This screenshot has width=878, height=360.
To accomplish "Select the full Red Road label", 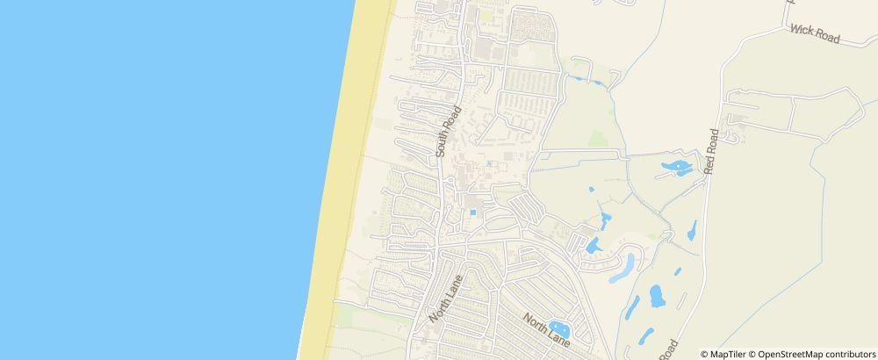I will click(x=711, y=151).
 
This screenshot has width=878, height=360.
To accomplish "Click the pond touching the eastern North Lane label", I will click(x=558, y=328).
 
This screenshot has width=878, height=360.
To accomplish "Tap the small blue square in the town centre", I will click(x=473, y=212).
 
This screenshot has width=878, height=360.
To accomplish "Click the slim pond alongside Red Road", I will click(x=693, y=229).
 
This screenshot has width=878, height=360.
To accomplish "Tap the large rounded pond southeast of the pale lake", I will click(x=657, y=296).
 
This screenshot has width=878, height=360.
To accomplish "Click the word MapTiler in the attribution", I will click(x=730, y=354).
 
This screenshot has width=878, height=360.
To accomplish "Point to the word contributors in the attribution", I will click(x=849, y=354).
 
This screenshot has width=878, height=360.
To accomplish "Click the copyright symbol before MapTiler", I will click(x=705, y=354).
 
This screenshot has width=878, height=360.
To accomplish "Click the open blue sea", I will click(x=158, y=176).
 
